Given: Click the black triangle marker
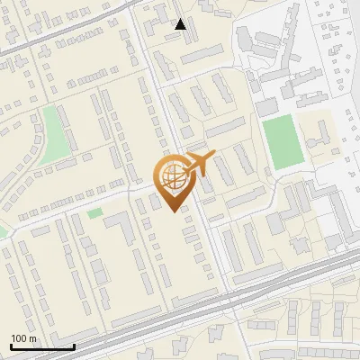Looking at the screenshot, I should click(181, 24).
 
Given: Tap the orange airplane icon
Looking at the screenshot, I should click(198, 164).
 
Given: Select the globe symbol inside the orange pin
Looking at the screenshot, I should click(171, 176).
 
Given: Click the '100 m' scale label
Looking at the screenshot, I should click(24, 338).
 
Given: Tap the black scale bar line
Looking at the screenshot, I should click(42, 346).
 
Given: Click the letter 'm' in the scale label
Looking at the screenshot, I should click(33, 338).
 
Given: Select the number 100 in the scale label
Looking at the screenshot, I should click(20, 338).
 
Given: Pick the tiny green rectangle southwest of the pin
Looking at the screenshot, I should click(94, 213).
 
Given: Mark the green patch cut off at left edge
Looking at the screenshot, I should click(3, 231).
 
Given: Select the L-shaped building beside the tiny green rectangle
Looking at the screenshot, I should click(121, 229).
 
